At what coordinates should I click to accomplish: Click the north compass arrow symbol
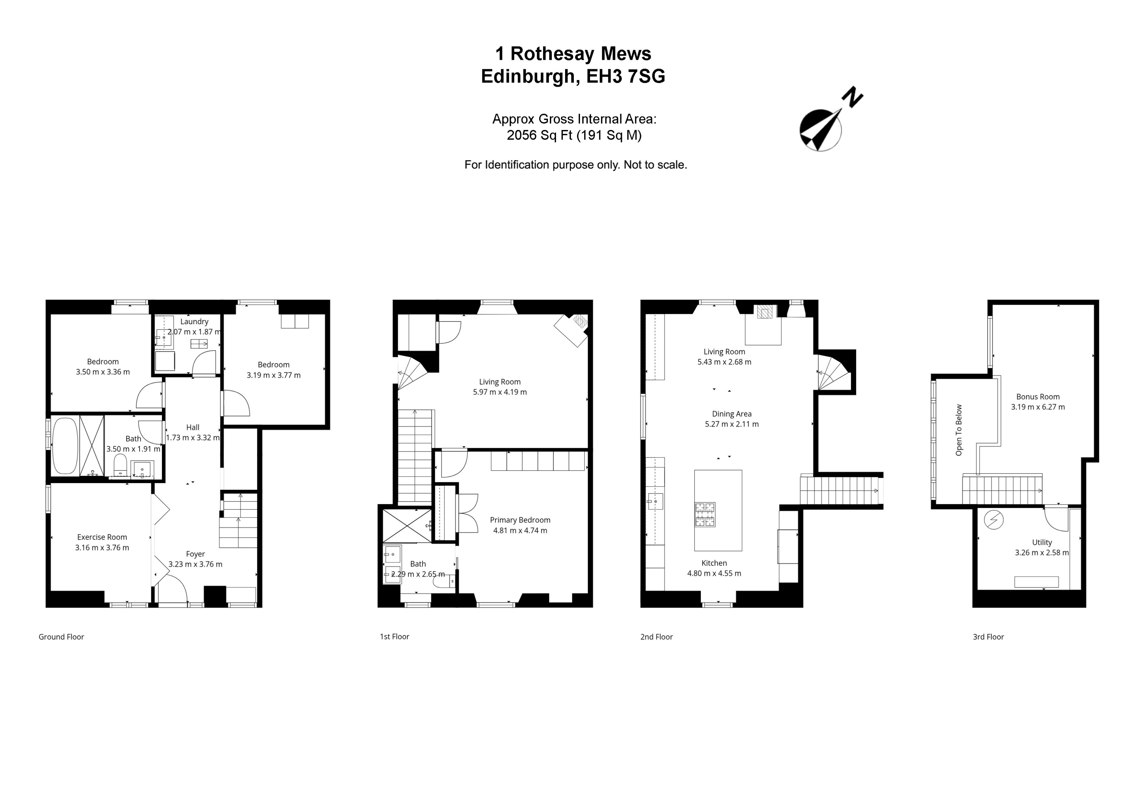click(821, 129)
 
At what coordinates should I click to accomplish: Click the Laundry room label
click(194, 321)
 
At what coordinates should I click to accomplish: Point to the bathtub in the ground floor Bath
click(65, 446)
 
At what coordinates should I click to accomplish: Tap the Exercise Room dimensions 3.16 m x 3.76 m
click(102, 548)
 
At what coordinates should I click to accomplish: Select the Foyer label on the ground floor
click(195, 554)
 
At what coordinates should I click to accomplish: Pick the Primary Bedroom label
click(520, 520)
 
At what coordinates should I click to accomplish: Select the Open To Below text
click(958, 430)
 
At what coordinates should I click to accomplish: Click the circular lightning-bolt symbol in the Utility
click(994, 520)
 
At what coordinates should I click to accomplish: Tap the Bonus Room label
click(1038, 397)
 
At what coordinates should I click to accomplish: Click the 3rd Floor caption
click(988, 637)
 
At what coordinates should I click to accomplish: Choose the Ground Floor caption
click(61, 637)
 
